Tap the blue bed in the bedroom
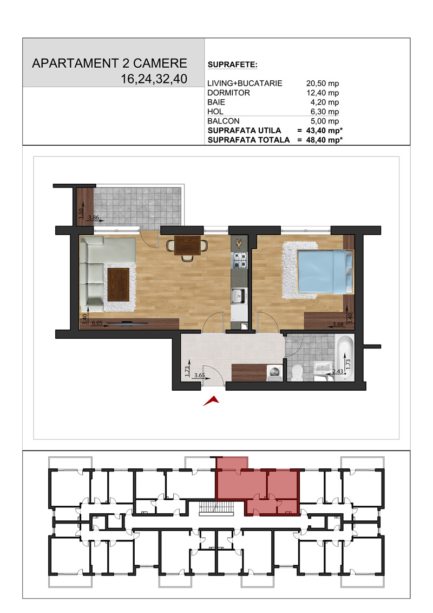coord(325,272)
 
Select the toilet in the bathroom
coord(297,372)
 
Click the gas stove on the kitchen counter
coord(240,260)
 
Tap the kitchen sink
coord(238,296)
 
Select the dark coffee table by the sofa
coord(119,284)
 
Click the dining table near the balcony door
coord(187,245)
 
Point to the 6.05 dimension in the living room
coord(97,323)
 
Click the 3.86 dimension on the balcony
coord(93,218)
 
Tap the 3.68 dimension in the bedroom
coord(338,324)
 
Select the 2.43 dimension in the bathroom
coord(338,371)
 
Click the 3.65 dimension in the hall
coord(200,375)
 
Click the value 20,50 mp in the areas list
coord(323,83)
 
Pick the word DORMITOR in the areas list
coord(228,93)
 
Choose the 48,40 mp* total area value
coord(324,140)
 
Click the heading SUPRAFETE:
coord(233,65)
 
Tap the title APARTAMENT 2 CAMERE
coord(110,63)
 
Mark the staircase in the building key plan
coord(215,508)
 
